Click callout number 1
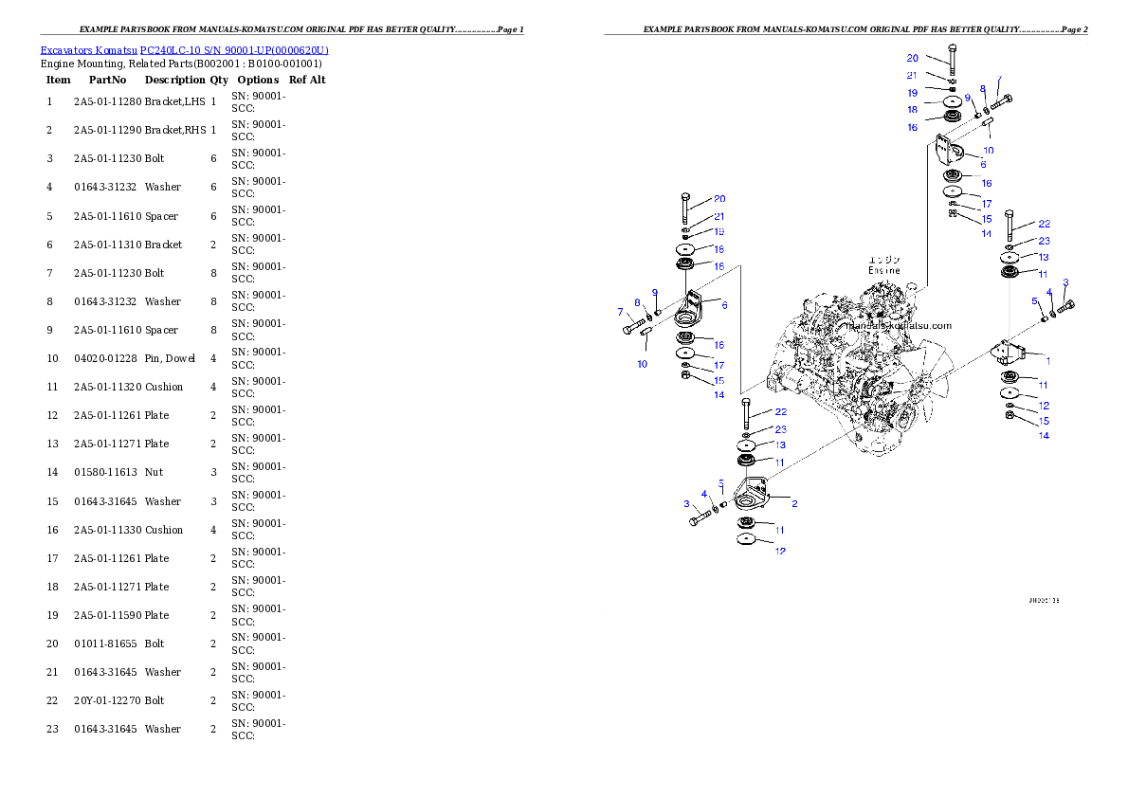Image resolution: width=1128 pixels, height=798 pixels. pos(1047,361)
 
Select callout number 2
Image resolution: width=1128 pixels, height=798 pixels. pos(793,503)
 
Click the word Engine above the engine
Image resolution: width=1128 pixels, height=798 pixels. pos(884,270)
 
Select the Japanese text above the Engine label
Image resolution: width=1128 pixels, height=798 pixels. pos(884,259)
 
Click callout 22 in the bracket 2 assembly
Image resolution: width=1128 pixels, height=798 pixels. pos(780,411)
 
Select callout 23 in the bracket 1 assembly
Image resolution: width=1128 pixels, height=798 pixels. pos(1044,241)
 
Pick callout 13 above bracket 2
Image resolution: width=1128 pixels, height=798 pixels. pos(780,444)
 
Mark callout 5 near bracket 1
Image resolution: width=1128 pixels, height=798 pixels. pos(1035,300)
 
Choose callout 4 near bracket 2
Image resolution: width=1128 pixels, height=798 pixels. pos(704,494)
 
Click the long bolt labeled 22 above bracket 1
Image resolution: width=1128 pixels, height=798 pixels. pos(1010,225)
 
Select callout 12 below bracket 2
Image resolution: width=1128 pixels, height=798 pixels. pos(780,551)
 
